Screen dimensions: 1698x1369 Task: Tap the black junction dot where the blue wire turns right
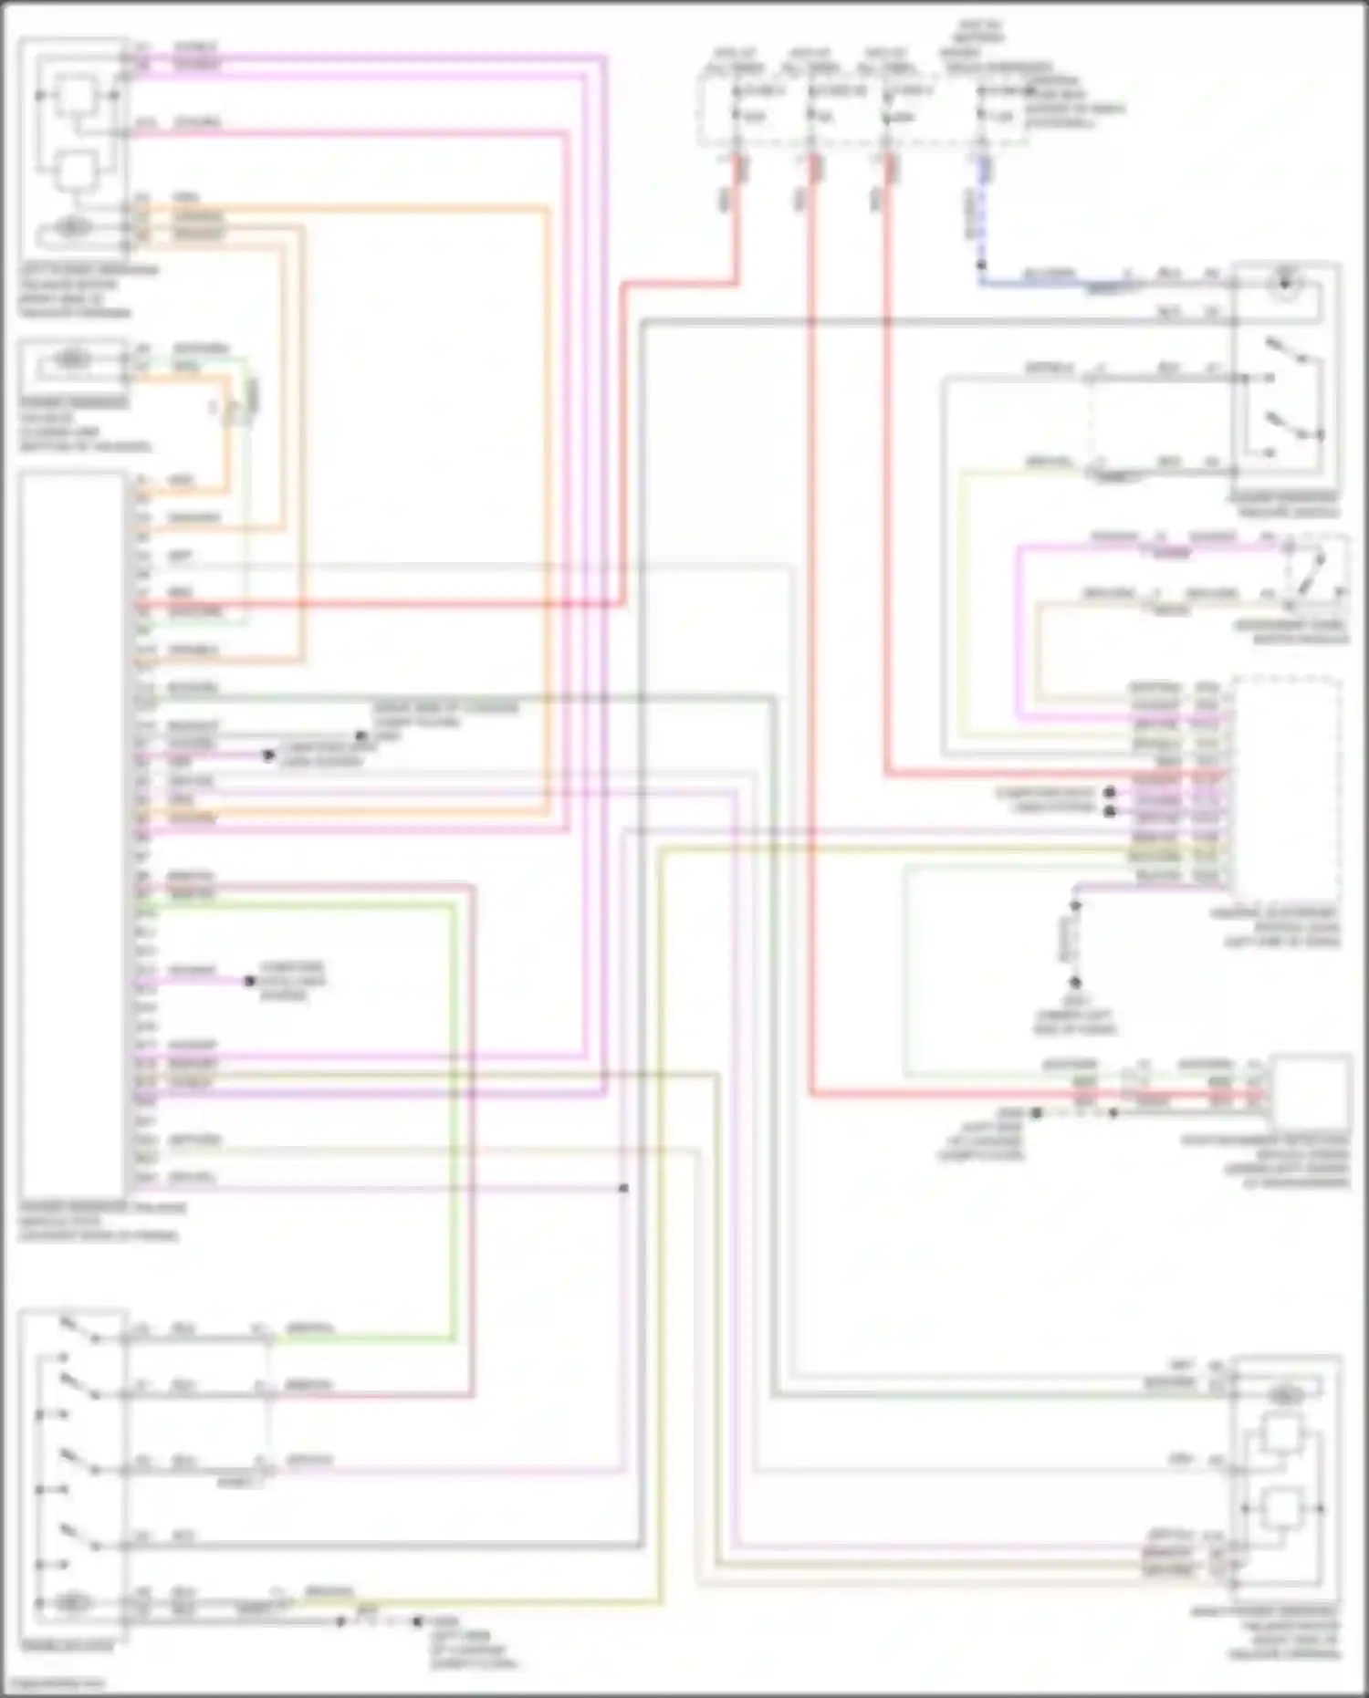pyautogui.click(x=981, y=266)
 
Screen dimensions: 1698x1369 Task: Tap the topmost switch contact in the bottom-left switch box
pyautogui.click(x=79, y=1330)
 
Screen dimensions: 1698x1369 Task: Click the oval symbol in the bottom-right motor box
pyautogui.click(x=1286, y=1396)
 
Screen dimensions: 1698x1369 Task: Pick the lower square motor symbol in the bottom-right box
pyautogui.click(x=1282, y=1509)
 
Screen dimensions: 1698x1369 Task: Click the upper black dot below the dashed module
pyautogui.click(x=1076, y=905)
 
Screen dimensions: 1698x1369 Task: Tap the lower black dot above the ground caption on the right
pyautogui.click(x=1076, y=983)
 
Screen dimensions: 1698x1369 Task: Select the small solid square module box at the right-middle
pyautogui.click(x=1311, y=1091)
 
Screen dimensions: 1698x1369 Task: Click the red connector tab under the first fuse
pyautogui.click(x=742, y=169)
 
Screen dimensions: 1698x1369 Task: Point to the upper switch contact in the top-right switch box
pyautogui.click(x=1287, y=351)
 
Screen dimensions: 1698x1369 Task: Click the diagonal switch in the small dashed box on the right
pyautogui.click(x=1312, y=571)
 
